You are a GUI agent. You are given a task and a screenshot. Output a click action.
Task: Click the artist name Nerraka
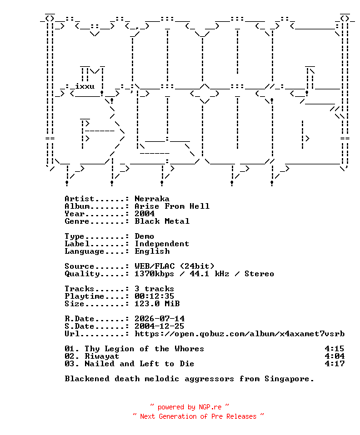point(152,199)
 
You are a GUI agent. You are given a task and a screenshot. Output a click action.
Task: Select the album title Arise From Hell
point(172,206)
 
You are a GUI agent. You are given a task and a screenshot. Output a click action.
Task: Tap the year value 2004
point(144,214)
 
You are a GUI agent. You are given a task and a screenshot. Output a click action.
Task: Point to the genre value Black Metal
point(162,221)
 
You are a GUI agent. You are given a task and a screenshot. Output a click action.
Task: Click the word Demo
point(144,236)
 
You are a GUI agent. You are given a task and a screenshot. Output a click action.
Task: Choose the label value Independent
point(162,244)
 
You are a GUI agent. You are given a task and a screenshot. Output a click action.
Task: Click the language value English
point(152,251)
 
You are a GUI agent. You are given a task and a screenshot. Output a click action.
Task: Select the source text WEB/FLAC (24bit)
point(174,266)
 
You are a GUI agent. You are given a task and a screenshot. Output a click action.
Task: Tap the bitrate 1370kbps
point(154,274)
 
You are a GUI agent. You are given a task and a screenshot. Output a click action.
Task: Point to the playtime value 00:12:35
point(154,296)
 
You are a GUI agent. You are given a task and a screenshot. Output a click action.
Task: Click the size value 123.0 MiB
point(157,304)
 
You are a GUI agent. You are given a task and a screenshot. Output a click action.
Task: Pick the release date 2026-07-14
point(159,319)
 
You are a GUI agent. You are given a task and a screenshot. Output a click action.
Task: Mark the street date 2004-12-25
point(159,326)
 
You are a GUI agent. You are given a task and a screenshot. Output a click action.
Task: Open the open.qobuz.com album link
point(239,334)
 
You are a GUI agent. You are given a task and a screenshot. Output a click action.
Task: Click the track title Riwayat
point(102,356)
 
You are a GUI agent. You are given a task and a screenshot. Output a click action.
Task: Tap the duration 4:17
point(335,364)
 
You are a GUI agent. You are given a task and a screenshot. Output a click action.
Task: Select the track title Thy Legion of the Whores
point(144,349)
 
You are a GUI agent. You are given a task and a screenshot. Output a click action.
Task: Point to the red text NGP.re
point(210,407)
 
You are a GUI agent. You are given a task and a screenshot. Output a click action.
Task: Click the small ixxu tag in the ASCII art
point(84,86)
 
